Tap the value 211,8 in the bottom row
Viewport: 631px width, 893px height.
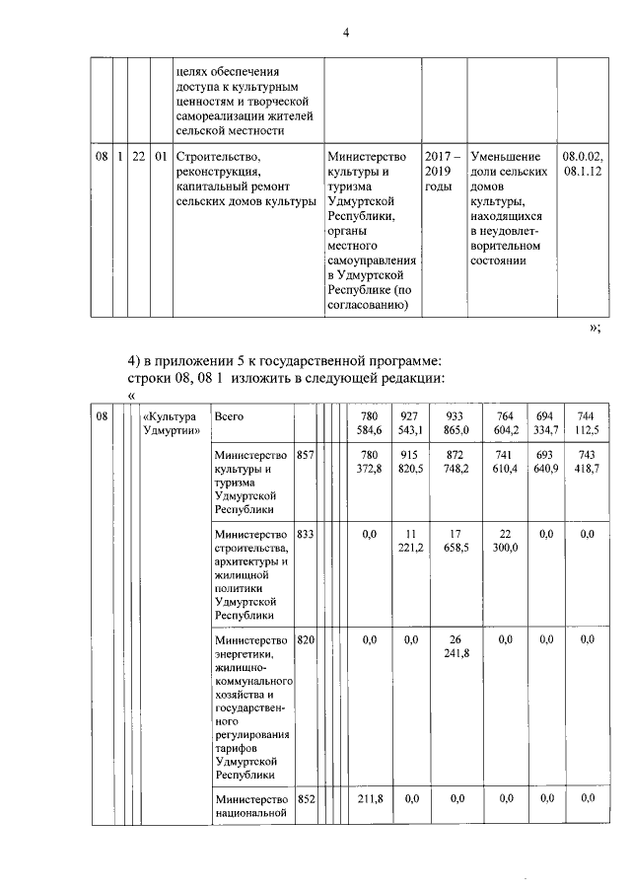pyautogui.click(x=370, y=798)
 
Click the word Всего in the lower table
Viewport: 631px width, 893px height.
pyautogui.click(x=229, y=417)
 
